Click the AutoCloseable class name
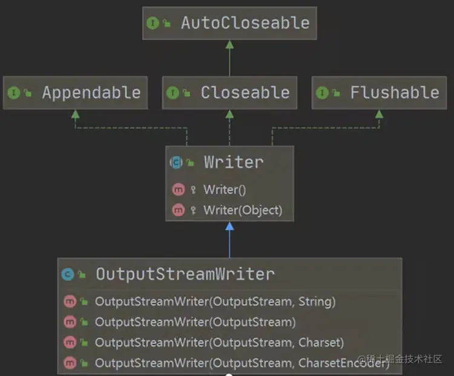pos(245,23)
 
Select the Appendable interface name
pos(91,92)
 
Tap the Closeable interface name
pos(245,92)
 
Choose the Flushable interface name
pos(395,92)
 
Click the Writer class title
pos(234,162)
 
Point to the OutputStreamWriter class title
pos(185,274)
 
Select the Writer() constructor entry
pos(225,189)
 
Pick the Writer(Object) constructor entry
pos(243,210)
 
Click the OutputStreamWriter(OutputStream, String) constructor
pos(215,301)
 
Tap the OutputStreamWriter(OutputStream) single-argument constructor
pos(195,322)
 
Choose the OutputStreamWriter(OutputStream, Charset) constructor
pos(219,343)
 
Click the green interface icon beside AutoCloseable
pos(152,23)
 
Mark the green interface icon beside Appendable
pos(13,92)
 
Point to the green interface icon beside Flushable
pos(321,92)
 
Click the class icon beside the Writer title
pos(176,162)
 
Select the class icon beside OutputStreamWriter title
pos(68,274)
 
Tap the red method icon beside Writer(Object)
pos(178,210)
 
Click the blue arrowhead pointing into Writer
pos(229,226)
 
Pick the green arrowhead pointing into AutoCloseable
pos(229,44)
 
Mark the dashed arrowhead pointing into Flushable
pos(379,114)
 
